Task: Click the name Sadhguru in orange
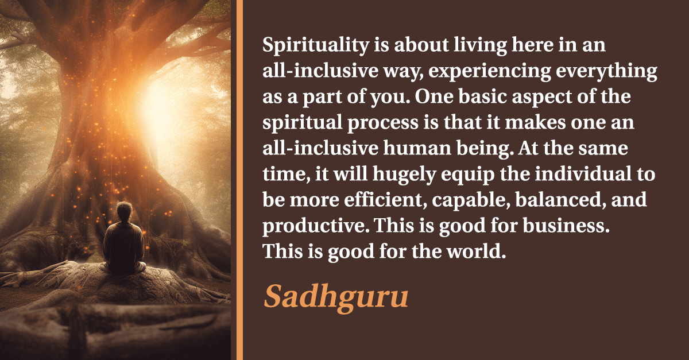pyautogui.click(x=336, y=297)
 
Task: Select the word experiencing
pyautogui.click(x=489, y=72)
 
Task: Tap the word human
pyautogui.click(x=417, y=148)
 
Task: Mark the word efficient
pyautogui.click(x=385, y=200)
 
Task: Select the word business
pyautogui.click(x=566, y=226)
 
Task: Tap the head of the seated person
pyautogui.click(x=124, y=212)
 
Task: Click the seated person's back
pyautogui.click(x=123, y=243)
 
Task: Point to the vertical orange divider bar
pyautogui.click(x=239, y=180)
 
